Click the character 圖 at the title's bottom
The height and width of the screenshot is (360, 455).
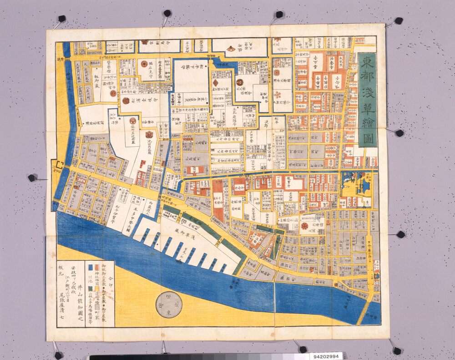368,138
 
